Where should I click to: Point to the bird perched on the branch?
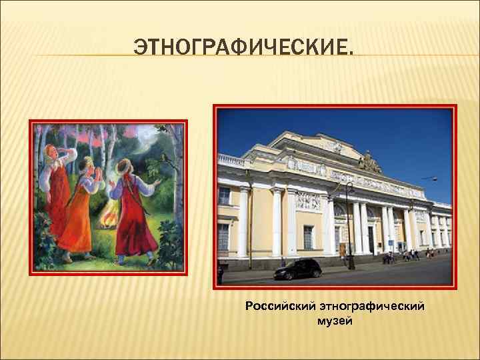(163, 157)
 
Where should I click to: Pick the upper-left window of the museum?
(225, 195)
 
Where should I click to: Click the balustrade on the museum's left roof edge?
(233, 161)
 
